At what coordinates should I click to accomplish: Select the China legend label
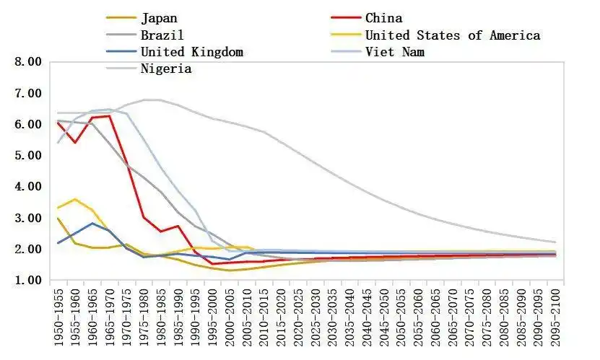(383, 18)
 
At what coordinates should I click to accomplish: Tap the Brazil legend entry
(162, 35)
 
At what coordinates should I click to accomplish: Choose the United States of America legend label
(452, 35)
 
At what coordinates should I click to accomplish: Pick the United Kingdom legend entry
(191, 52)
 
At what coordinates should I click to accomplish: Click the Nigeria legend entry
(166, 69)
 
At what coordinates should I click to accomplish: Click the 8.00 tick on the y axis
(30, 62)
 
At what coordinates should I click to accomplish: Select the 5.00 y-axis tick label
(30, 156)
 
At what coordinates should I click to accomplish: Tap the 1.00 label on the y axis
(30, 281)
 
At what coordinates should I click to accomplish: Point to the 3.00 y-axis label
(30, 218)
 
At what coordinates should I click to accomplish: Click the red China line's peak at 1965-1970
(110, 115)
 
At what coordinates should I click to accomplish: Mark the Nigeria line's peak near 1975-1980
(144, 100)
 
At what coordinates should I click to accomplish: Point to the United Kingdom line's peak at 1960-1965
(92, 223)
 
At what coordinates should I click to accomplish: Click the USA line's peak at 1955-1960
(75, 199)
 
